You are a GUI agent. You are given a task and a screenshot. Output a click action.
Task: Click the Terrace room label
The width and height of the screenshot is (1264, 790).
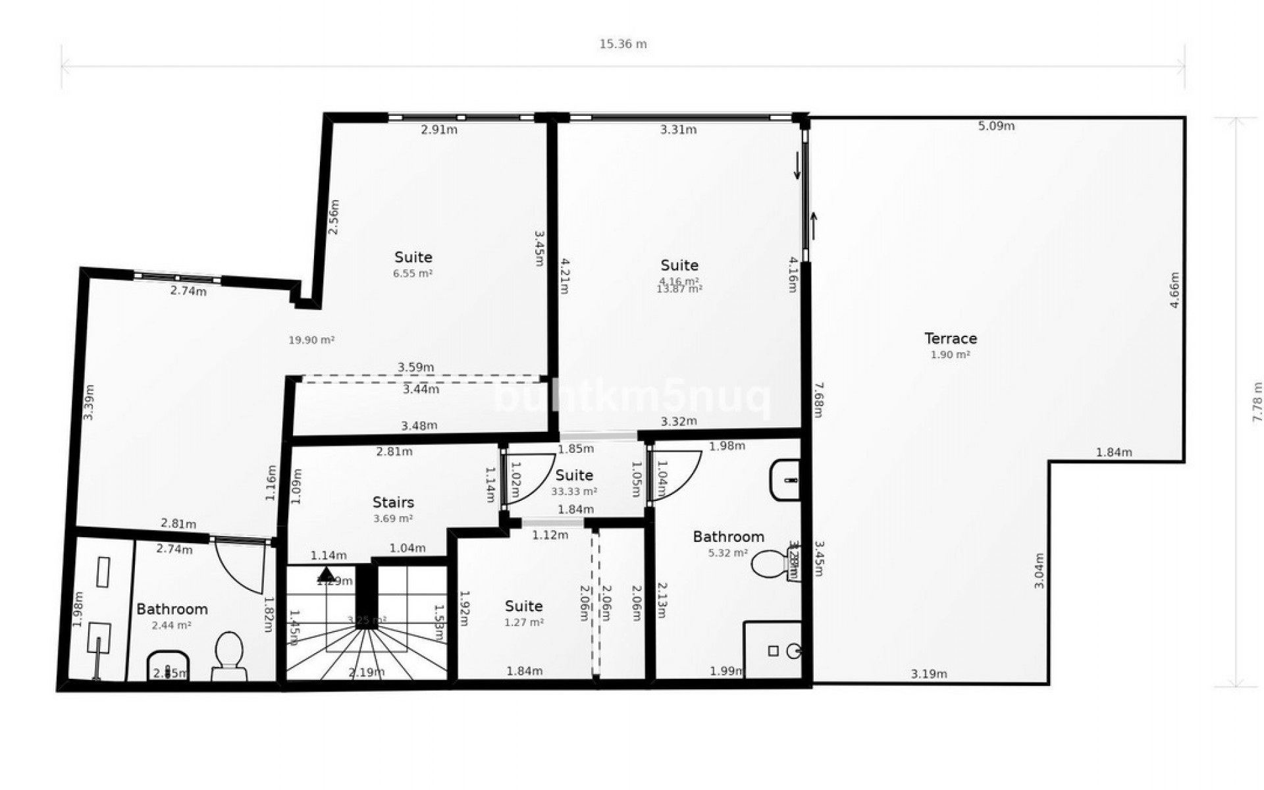point(951,338)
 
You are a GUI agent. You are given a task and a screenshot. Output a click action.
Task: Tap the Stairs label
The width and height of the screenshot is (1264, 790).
point(393,502)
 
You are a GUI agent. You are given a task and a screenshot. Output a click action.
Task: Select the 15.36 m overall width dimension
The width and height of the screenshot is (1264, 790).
point(623,44)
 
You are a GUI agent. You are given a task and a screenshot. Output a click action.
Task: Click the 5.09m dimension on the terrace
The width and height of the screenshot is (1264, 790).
point(996,126)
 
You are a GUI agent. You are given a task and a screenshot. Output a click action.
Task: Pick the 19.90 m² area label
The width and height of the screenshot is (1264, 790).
point(311,340)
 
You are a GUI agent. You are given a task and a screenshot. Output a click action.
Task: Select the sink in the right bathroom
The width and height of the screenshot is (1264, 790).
point(785,481)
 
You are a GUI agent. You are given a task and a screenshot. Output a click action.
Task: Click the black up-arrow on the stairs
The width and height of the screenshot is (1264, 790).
point(327,574)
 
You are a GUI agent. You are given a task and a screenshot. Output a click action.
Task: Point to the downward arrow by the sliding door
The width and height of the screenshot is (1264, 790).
point(797,165)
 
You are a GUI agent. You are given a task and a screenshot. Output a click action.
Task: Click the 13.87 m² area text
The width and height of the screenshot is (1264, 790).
point(679,289)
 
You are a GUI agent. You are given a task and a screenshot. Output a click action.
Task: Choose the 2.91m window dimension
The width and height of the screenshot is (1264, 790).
point(439,130)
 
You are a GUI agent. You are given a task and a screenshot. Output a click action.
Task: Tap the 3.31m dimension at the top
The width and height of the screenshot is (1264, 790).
point(678,130)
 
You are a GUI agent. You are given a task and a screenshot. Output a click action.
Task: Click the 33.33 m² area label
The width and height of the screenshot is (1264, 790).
point(574,492)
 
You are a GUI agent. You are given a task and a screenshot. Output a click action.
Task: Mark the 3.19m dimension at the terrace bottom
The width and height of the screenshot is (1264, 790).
point(929,673)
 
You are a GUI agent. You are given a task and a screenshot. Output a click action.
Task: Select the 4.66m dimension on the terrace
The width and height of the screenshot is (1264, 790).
point(1174,290)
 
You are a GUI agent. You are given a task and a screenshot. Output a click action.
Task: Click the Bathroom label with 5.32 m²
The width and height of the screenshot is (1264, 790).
point(728,537)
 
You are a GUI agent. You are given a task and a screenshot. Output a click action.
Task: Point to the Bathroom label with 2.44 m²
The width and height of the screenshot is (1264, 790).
point(172,609)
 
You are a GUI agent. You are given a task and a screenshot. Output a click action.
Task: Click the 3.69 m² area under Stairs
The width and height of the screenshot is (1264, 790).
point(393,519)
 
